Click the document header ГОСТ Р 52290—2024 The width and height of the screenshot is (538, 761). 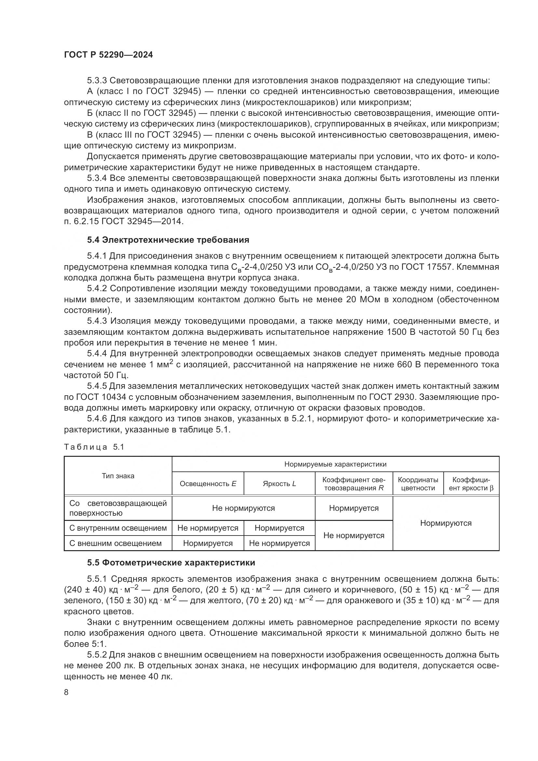tap(108, 55)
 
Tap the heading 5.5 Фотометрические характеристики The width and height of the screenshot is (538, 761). tap(171, 563)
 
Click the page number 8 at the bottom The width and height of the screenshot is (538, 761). tap(66, 692)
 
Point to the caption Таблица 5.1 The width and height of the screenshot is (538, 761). tap(94, 447)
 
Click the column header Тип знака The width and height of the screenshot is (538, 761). tap(118, 476)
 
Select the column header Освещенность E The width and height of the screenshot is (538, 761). tap(208, 483)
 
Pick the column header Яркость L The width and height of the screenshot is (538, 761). tap(279, 483)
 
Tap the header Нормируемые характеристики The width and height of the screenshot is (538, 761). tap(335, 464)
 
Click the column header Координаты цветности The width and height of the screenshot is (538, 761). tap(418, 483)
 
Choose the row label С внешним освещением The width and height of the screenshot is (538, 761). tap(115, 543)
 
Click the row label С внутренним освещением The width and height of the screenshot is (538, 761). tap(118, 528)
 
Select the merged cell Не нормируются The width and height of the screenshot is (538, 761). tap(243, 508)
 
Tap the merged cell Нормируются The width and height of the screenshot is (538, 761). tap(446, 523)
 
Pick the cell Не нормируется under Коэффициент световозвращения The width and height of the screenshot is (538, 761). tap(354, 536)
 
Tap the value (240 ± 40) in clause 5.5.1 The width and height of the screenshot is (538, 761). tap(85, 590)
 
